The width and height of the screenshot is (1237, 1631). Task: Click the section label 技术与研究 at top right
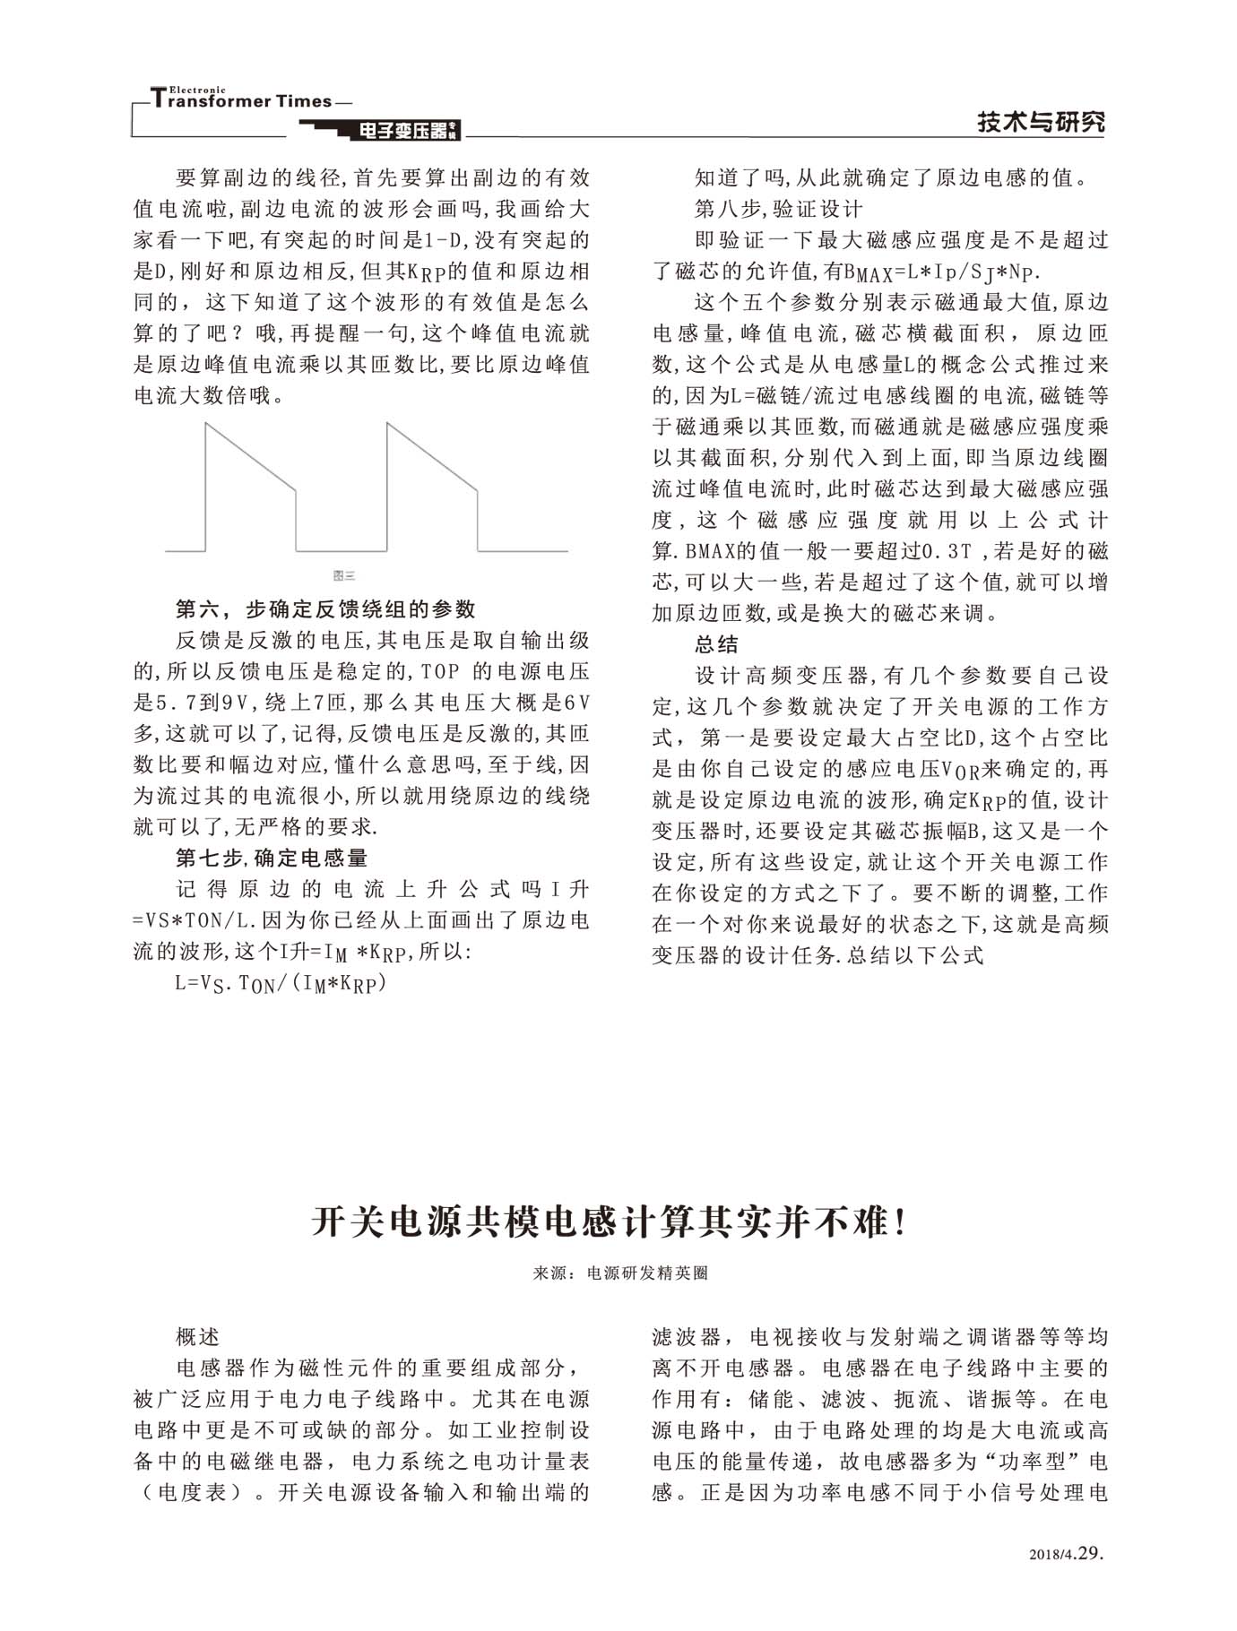point(1041,122)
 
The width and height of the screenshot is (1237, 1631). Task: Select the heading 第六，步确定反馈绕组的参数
point(325,609)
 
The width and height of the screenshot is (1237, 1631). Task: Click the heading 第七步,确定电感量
point(272,858)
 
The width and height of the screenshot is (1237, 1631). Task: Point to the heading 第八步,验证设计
point(778,209)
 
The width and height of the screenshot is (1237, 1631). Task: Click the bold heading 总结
point(716,643)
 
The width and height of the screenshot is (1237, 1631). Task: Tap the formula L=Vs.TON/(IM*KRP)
point(281,983)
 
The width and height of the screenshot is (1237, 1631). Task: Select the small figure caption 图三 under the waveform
point(344,575)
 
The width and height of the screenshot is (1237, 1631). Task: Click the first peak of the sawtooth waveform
point(207,425)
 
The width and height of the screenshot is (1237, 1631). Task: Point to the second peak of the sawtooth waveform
point(388,425)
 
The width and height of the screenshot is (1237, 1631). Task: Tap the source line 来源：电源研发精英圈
point(620,1273)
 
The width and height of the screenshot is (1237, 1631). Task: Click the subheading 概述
point(198,1337)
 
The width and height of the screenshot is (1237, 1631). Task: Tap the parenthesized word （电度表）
point(193,1492)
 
